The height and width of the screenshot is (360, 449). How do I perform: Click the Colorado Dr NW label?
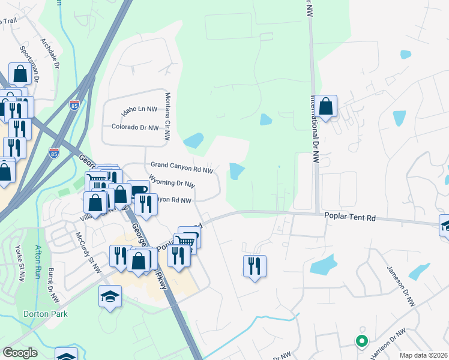click(135, 127)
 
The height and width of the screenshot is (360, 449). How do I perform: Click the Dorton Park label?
click(46, 314)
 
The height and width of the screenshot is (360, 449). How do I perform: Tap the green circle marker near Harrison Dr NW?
click(361, 341)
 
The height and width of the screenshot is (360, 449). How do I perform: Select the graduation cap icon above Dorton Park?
click(110, 296)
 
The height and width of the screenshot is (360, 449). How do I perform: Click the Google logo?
click(20, 353)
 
